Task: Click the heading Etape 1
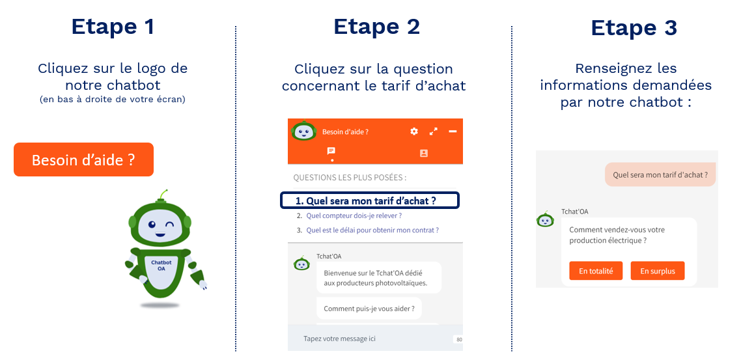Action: coord(113,27)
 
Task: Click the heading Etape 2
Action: coord(376,27)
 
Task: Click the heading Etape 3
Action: coord(634,28)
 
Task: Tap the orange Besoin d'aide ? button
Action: coord(83,159)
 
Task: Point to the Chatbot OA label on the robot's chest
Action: coord(161,265)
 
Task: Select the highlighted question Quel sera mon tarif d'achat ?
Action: coord(370,201)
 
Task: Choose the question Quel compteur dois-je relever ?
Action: coord(354,215)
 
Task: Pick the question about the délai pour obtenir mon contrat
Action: coord(372,230)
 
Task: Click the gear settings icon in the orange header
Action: coord(414,132)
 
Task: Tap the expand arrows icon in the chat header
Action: coord(434,132)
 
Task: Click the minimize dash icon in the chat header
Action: coord(453,132)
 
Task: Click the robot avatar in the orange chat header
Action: coord(303,131)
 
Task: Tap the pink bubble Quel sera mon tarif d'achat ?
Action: coord(660,174)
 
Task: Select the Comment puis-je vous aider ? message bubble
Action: coord(369,309)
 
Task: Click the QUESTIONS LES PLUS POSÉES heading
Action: coord(350,177)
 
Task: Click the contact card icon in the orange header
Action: coord(424,153)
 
